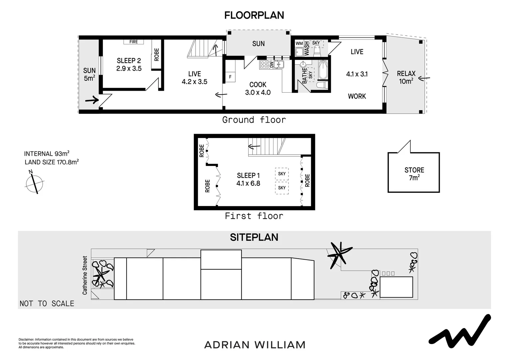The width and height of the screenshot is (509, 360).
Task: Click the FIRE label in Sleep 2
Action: click(133, 42)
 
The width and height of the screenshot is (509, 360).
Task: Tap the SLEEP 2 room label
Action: click(129, 65)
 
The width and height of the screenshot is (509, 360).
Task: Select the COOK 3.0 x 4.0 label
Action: click(258, 89)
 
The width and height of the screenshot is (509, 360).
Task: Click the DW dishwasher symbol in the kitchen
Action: click(271, 65)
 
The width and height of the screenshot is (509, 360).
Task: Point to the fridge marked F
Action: click(230, 77)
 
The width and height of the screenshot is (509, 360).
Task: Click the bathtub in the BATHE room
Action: click(323, 70)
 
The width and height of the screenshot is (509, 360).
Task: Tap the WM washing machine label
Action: click(299, 43)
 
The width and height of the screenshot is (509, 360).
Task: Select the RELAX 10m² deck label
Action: click(406, 77)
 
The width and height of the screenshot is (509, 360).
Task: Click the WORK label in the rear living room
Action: click(357, 96)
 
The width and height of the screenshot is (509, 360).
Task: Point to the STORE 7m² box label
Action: click(414, 174)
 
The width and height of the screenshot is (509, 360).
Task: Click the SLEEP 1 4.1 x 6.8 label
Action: click(248, 179)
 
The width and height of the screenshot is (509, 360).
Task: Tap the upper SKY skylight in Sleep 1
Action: click(282, 174)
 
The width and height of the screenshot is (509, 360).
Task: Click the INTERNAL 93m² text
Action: click(47, 154)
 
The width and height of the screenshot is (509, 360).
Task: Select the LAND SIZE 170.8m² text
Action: click(52, 162)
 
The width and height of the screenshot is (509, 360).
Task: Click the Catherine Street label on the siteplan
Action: click(85, 275)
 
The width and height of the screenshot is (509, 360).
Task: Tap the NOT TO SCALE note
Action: click(47, 303)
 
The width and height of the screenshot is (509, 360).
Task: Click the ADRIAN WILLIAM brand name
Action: click(254, 345)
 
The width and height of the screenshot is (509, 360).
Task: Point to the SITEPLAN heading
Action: click(254, 237)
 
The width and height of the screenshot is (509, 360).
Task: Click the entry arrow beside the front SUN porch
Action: click(92, 100)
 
